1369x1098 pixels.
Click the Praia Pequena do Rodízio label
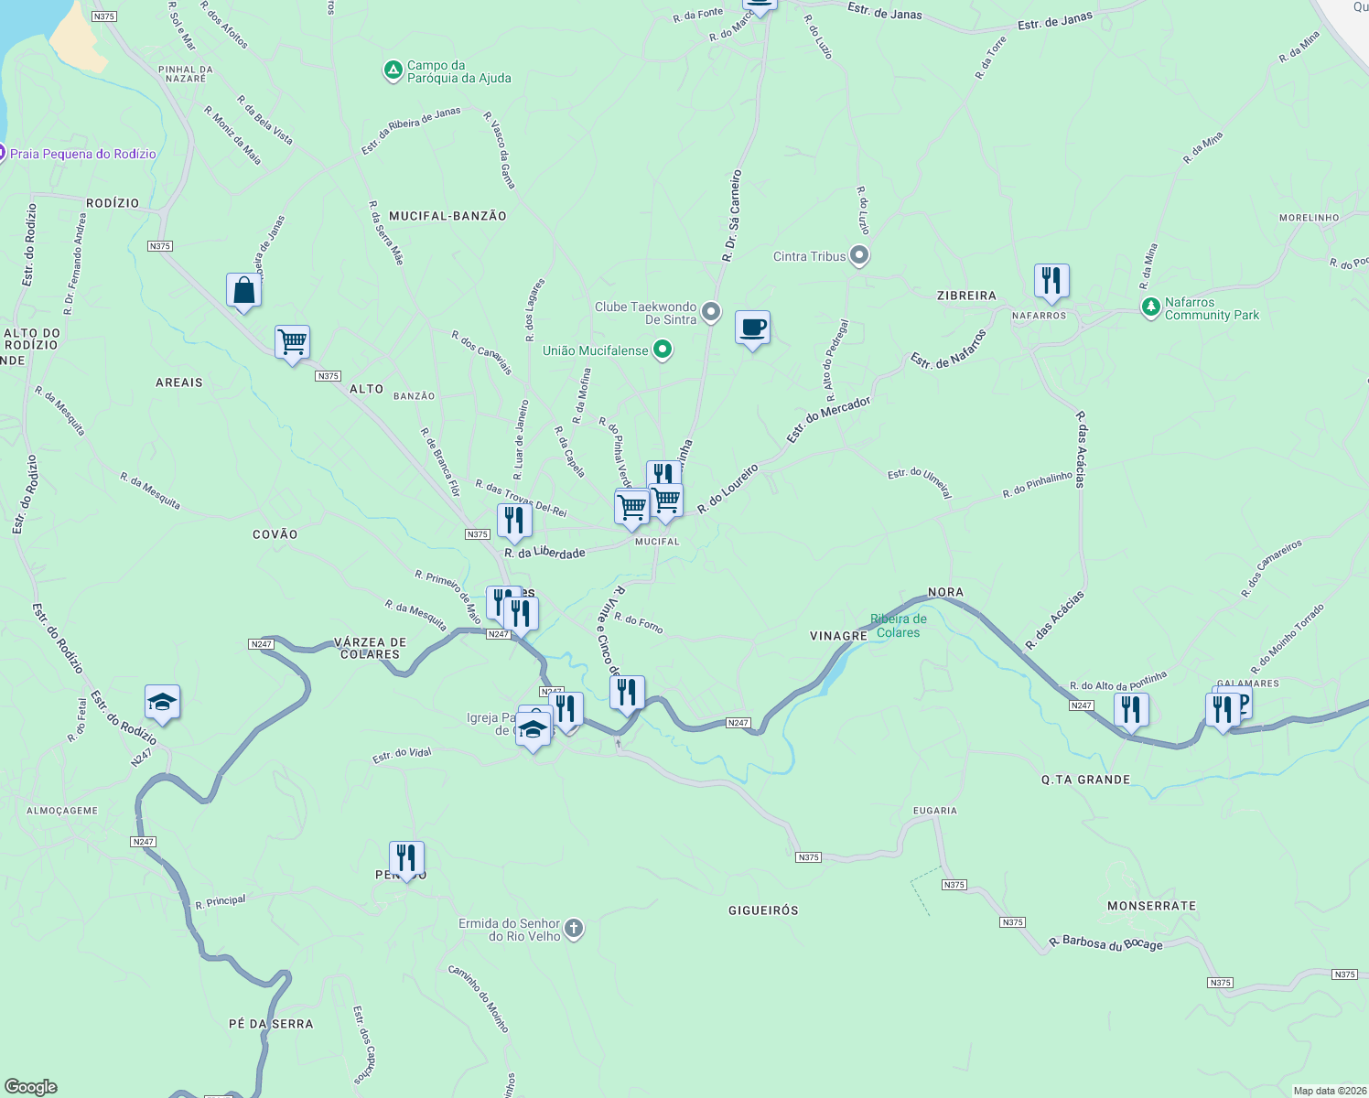click(x=82, y=154)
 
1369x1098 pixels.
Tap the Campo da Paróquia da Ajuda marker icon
click(x=393, y=70)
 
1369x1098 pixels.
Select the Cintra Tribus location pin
click(x=858, y=255)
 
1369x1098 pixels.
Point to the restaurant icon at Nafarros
click(x=1051, y=280)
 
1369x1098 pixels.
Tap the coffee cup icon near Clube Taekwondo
click(x=752, y=328)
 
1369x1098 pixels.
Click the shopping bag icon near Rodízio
click(x=243, y=291)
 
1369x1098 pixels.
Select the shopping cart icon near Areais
click(x=292, y=343)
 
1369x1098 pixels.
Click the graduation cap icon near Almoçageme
click(x=162, y=703)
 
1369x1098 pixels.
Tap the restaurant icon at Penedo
click(x=406, y=858)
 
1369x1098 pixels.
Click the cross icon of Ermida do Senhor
click(x=574, y=930)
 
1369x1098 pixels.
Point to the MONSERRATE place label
click(x=1151, y=906)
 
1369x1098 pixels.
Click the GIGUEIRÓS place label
click(x=763, y=910)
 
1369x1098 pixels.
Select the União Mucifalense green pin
click(x=663, y=350)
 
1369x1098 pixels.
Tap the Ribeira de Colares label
click(x=898, y=626)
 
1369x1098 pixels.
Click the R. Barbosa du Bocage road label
click(x=1105, y=943)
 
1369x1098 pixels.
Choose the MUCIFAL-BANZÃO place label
click(x=447, y=216)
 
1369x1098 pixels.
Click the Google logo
click(x=31, y=1087)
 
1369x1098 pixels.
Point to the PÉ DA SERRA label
click(x=271, y=1024)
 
